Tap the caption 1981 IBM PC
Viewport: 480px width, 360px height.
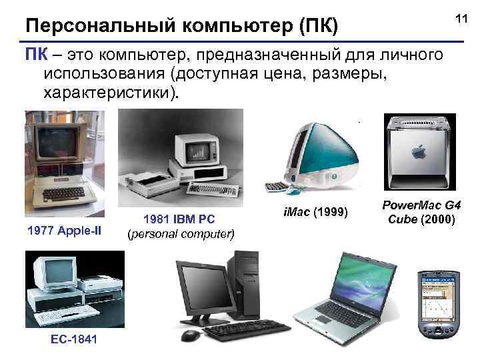[181, 220]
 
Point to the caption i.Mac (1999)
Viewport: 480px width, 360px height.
[313, 213]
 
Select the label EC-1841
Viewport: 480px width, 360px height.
[73, 340]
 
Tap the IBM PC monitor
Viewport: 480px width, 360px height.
[196, 149]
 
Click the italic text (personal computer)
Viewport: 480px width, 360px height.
[181, 234]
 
